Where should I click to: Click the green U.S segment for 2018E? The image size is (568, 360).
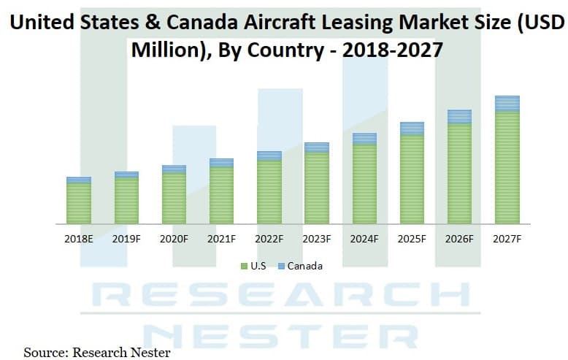click(x=79, y=203)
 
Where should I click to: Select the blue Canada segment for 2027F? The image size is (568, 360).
click(x=507, y=103)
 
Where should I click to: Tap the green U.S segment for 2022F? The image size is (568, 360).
click(x=269, y=191)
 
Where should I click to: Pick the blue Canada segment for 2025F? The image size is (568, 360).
click(x=412, y=129)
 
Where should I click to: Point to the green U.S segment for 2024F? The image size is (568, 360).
click(x=364, y=183)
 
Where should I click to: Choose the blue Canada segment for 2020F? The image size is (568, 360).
click(x=174, y=169)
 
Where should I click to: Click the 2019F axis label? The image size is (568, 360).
click(x=126, y=239)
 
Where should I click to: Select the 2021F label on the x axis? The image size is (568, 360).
click(x=221, y=239)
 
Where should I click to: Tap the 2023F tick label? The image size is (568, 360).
click(x=316, y=239)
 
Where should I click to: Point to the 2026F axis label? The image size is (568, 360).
click(x=459, y=239)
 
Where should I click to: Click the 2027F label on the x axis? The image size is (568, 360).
click(x=507, y=239)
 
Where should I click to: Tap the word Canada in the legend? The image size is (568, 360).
click(x=304, y=266)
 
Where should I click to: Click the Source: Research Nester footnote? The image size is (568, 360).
click(x=97, y=353)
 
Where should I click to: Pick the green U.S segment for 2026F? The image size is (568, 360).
click(x=459, y=174)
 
